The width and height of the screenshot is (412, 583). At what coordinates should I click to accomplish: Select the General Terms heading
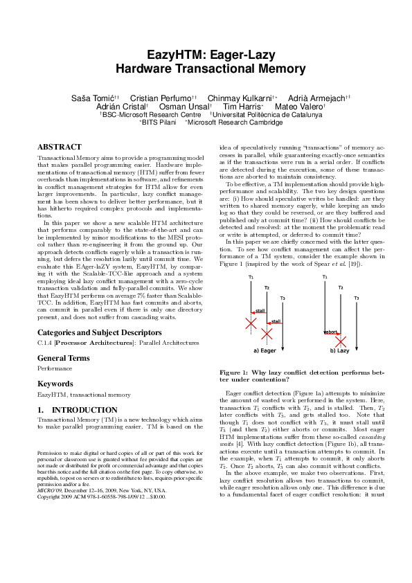tap(63, 358)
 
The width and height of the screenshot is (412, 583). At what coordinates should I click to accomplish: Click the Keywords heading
tap(55, 383)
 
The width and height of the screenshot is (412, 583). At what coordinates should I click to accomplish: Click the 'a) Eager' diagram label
tap(265, 350)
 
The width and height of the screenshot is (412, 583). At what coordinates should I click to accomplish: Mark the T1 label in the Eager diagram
tap(251, 277)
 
